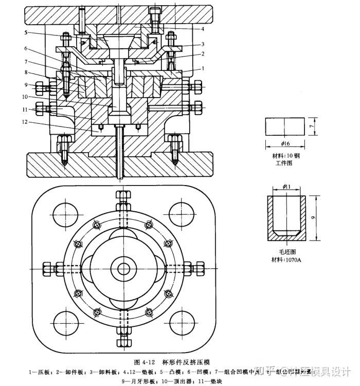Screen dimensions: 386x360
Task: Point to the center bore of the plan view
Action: (124, 268)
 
